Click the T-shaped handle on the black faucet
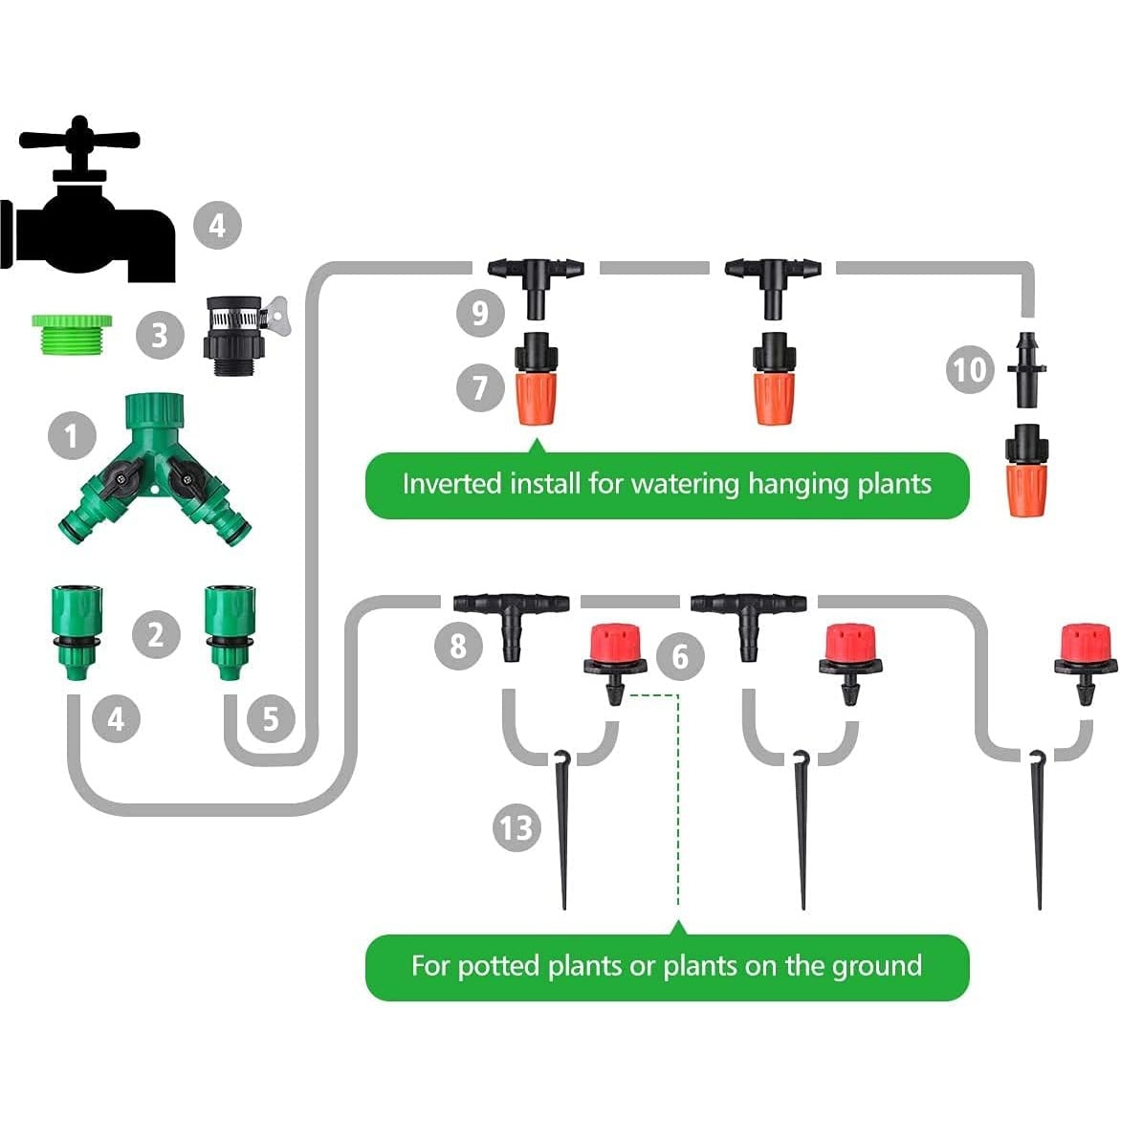[x=80, y=139]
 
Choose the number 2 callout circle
[x=156, y=633]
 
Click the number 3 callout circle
[x=159, y=335]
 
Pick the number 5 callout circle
[x=271, y=718]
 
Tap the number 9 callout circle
[x=480, y=312]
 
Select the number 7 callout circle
[x=480, y=388]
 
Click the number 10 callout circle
[x=970, y=369]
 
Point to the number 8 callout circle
[x=459, y=645]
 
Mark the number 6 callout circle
[x=680, y=656]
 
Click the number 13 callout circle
[x=517, y=826]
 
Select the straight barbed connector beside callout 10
[x=1026, y=367]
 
